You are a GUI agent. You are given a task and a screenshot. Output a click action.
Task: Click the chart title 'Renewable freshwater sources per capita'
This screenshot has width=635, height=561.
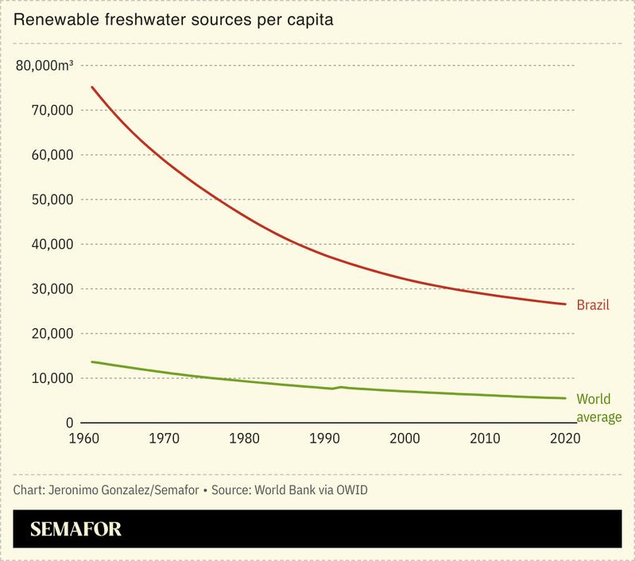[x=173, y=20]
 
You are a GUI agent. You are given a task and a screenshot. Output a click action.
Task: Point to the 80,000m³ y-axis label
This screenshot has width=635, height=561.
[x=45, y=65]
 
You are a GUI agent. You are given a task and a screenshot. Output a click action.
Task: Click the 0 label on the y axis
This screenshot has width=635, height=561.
[x=70, y=424]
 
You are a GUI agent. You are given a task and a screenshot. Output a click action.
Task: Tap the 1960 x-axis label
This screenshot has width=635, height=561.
[x=82, y=438]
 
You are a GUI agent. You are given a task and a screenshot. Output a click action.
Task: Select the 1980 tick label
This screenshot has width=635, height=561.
[x=243, y=438]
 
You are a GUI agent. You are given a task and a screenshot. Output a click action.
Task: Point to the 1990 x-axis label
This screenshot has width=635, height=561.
[x=324, y=438]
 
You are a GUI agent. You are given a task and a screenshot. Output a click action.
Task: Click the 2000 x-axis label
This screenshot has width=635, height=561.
[x=405, y=438]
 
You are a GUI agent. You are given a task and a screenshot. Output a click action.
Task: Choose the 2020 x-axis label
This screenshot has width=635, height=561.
[x=565, y=438]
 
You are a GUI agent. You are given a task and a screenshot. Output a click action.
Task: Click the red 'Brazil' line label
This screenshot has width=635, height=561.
[x=593, y=305]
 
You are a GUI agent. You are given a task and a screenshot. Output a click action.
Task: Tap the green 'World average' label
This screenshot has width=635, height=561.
[x=598, y=408]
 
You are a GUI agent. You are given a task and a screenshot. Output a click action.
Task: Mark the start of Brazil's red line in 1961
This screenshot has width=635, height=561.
[x=91, y=87]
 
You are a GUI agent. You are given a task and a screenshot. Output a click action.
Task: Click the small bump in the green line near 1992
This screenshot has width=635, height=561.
[x=341, y=387]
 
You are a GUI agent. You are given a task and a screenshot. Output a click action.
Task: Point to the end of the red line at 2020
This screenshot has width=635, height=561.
[x=565, y=304]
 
